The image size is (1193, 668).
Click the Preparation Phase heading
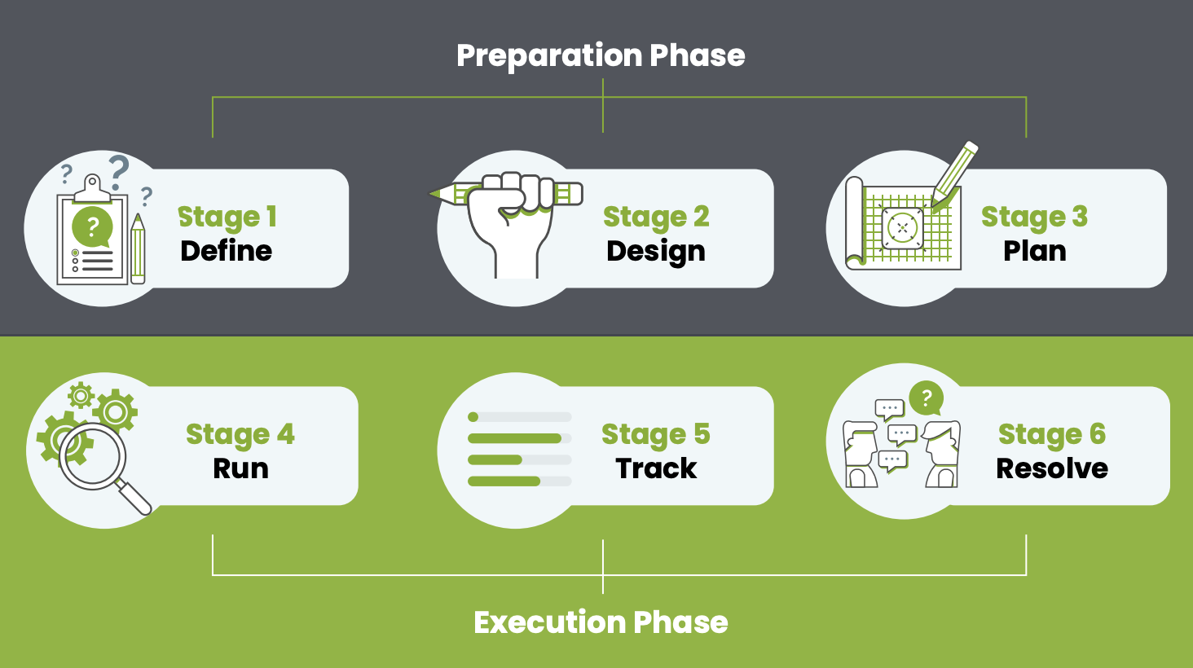[x=601, y=55]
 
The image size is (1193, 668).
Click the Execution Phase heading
[x=601, y=622]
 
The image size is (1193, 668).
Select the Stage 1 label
[x=227, y=217]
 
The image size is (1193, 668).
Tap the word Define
[x=226, y=251]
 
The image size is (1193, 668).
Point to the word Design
[x=655, y=252]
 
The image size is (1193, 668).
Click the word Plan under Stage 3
[x=1034, y=251]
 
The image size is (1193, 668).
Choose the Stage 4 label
[x=240, y=434]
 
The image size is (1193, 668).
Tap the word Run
[x=240, y=468]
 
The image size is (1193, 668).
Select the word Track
[x=656, y=468]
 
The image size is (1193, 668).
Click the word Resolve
[x=1052, y=468]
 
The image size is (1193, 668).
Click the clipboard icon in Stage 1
[x=92, y=236]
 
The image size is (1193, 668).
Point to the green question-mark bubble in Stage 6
[x=926, y=399]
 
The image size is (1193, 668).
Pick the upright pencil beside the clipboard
[x=138, y=248]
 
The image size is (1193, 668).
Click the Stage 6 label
[x=1051, y=434]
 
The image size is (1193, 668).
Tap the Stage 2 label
[x=655, y=217]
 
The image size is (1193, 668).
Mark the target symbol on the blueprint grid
[x=902, y=228]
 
